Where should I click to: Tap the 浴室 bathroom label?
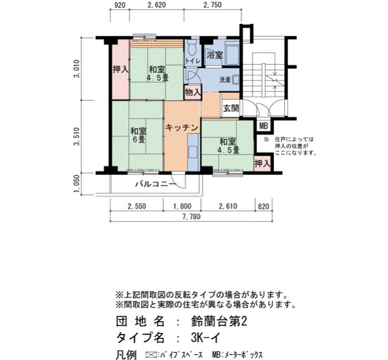click(215, 55)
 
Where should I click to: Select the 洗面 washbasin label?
click(225, 80)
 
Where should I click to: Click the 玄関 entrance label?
click(231, 109)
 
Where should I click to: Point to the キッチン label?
click(182, 127)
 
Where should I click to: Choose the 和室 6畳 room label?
click(139, 135)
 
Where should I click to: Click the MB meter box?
click(263, 126)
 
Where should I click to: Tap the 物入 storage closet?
click(193, 92)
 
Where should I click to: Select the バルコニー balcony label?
click(156, 184)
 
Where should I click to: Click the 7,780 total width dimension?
click(191, 217)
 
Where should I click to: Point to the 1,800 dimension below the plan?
click(182, 206)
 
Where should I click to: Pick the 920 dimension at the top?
click(120, 5)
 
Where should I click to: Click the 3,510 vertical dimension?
click(77, 136)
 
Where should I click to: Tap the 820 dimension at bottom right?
click(263, 206)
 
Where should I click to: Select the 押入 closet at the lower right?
click(263, 163)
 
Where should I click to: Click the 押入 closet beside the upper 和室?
click(120, 69)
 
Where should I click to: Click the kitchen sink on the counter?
click(193, 152)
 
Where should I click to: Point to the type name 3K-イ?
click(205, 337)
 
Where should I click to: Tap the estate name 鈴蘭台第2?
click(219, 322)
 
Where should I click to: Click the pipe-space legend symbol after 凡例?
click(152, 355)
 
